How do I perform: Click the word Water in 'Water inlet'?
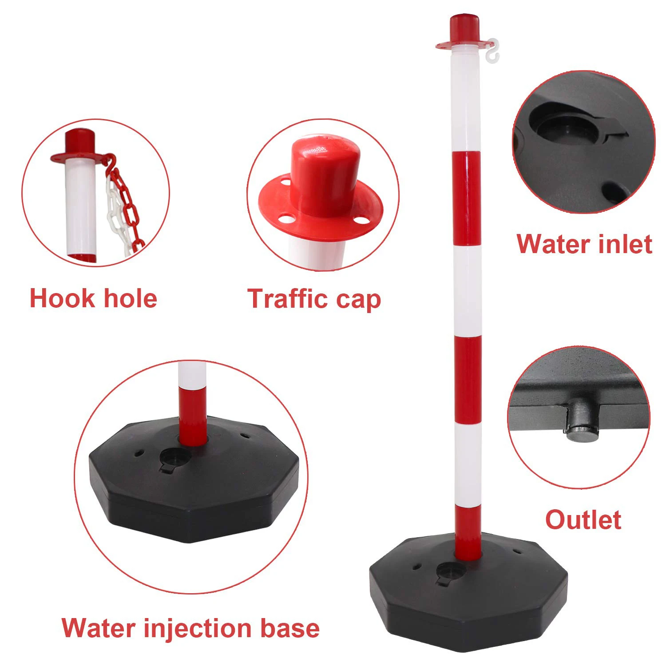tap(550, 244)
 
